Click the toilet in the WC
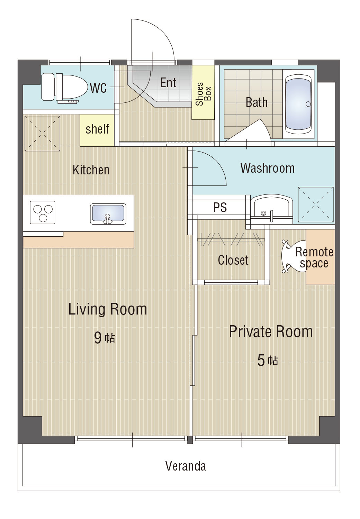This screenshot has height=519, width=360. (63, 88)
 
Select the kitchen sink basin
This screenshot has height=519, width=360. (108, 214)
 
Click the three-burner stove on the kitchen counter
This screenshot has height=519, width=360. (43, 212)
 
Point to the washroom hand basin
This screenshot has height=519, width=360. (271, 209)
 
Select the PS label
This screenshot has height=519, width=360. (220, 207)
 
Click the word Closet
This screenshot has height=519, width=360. (233, 260)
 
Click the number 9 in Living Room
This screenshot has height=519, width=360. (98, 338)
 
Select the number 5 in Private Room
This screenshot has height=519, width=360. (261, 361)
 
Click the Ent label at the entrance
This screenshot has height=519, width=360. (168, 82)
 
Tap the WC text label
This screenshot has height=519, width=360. (99, 88)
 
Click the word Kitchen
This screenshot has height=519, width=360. (91, 170)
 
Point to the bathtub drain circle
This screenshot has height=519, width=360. (308, 104)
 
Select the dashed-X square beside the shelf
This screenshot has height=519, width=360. (43, 134)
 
